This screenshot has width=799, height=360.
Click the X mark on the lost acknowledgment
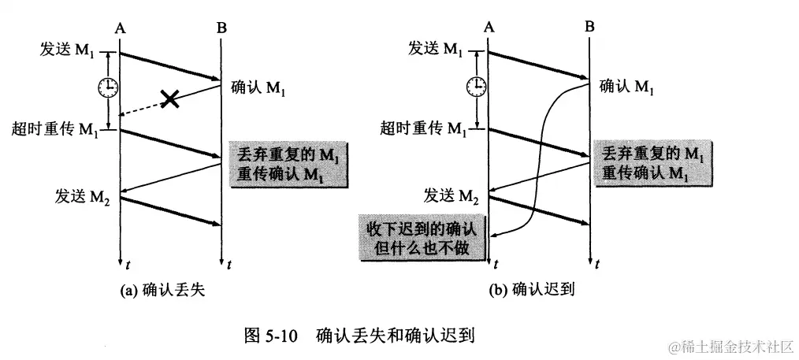coord(168,99)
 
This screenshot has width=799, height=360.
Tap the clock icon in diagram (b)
coord(475,85)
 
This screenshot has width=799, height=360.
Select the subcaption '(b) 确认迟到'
coord(532,291)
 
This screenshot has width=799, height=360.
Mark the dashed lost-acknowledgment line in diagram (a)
coord(146,107)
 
